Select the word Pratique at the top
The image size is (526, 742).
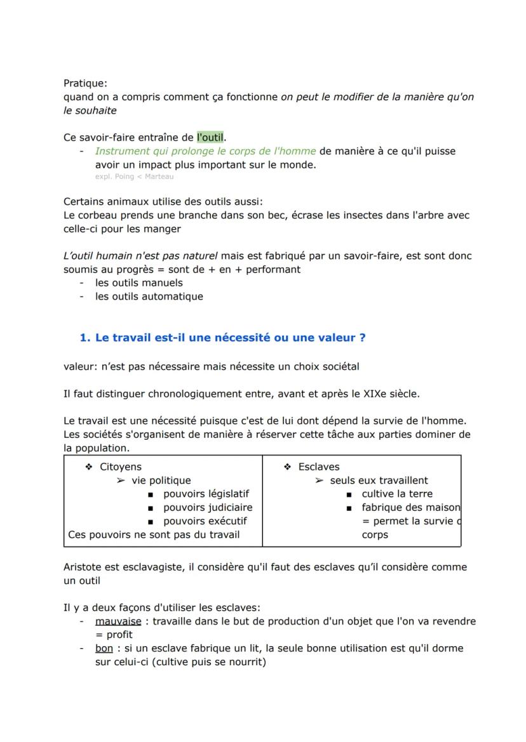(85, 83)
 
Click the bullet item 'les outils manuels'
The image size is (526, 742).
(138, 282)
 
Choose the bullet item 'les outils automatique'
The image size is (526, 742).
(149, 296)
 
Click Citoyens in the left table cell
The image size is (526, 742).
(121, 467)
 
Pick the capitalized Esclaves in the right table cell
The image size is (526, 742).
(319, 467)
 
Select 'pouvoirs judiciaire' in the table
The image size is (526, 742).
(208, 507)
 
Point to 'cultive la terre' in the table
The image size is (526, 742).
(397, 494)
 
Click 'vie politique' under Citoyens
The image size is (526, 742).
(161, 480)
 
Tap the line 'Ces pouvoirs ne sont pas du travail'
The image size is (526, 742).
(154, 534)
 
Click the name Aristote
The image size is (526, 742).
(84, 567)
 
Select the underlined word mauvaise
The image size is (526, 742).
(118, 621)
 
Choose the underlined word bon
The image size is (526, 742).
(104, 648)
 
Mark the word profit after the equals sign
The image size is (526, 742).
(119, 635)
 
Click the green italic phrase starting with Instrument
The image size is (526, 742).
(205, 151)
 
